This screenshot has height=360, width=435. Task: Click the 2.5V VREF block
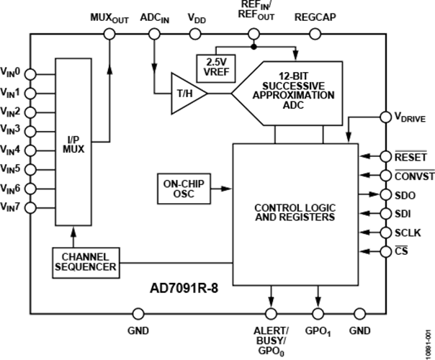coord(216,68)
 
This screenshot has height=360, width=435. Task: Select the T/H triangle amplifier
coord(186,94)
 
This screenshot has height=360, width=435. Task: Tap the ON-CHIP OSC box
coord(184,189)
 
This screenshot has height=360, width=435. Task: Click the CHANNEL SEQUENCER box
coord(86,263)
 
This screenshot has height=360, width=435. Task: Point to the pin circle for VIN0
coord(30,74)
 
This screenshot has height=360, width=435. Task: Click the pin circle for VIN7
coord(30,207)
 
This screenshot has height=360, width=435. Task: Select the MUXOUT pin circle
coord(109,35)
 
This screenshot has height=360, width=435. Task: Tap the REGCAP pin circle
coord(315,35)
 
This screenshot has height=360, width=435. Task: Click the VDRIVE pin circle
coord(385,117)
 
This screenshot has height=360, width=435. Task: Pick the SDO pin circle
coord(385,194)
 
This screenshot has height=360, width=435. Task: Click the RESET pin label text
coord(411,157)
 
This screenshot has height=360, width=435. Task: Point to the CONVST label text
coord(415,176)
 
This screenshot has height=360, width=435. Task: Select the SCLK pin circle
coord(385,233)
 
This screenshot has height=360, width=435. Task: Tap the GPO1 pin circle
coord(318,314)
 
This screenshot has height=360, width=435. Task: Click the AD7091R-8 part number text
coord(184,288)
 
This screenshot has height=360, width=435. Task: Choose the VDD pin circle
coord(195,35)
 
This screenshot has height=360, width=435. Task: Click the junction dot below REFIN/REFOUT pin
coord(254,47)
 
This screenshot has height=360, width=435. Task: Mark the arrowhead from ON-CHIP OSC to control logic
coord(227,189)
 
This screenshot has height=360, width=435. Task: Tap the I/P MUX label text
coord(73,145)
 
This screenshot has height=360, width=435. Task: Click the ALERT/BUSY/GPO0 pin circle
coord(271,314)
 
